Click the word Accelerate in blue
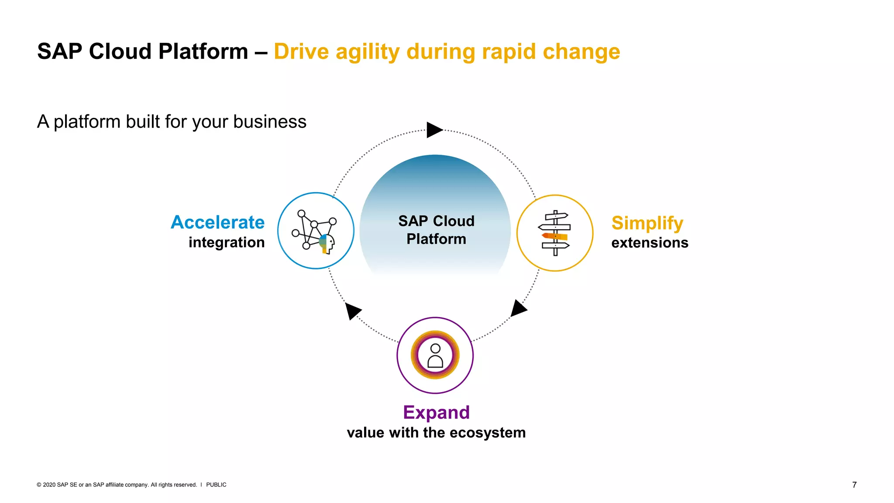[x=217, y=222]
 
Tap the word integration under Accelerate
[x=227, y=242]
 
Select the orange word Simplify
[x=647, y=223]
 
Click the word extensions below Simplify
[x=650, y=243]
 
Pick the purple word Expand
[x=436, y=413]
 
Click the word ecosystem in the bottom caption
[x=488, y=433]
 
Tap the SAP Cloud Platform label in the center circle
[x=436, y=230]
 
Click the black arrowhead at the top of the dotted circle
[x=433, y=130]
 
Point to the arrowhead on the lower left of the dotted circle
[x=352, y=310]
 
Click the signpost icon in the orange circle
[x=555, y=233]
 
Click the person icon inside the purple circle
[x=435, y=355]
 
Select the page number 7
[x=854, y=485]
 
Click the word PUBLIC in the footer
[x=216, y=485]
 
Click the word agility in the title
[x=368, y=52]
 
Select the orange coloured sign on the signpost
[x=555, y=236]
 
